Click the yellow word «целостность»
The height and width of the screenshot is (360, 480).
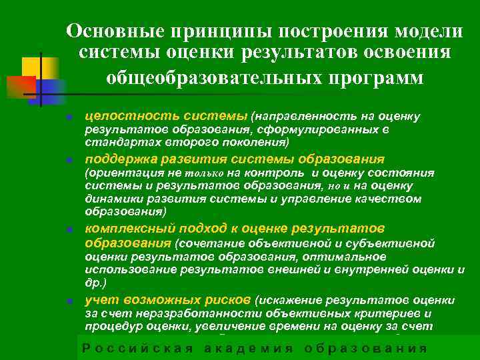click(119, 117)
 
